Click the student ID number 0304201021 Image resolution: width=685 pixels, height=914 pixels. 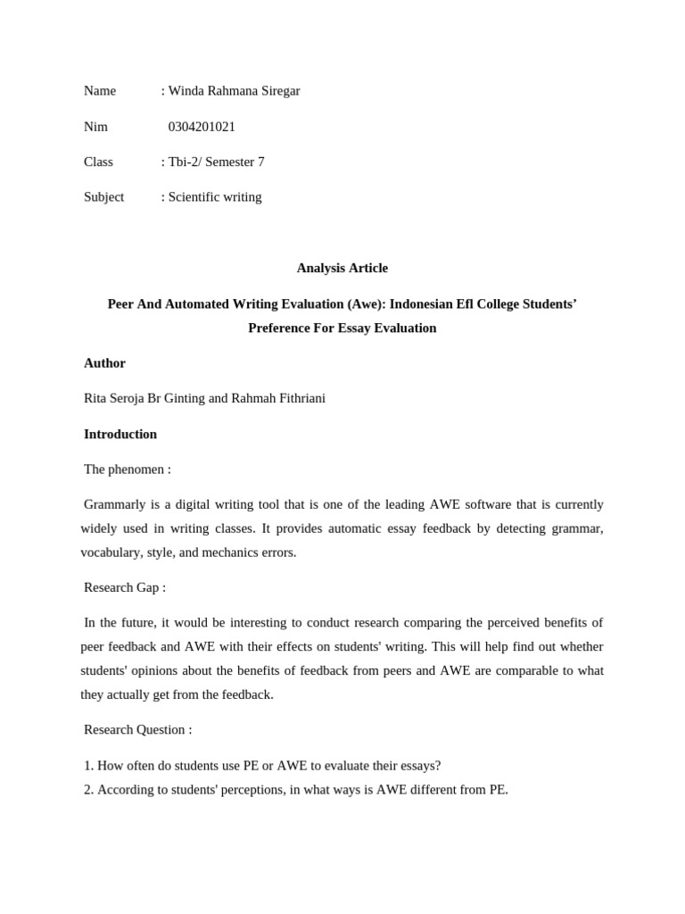[202, 127]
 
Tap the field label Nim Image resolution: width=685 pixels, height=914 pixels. [95, 127]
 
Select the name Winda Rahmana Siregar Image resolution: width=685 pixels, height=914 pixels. [234, 91]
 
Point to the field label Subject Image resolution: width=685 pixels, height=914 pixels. [103, 197]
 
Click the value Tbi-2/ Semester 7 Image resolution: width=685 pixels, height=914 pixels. [216, 162]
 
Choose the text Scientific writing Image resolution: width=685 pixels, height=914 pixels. [215, 197]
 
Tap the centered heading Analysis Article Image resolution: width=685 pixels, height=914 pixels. [342, 268]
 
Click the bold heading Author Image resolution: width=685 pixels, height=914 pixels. [104, 363]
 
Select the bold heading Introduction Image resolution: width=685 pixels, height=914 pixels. [120, 435]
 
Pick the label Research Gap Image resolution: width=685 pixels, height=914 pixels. [122, 587]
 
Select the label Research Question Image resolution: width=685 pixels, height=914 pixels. [135, 729]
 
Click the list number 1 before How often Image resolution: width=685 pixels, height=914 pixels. [87, 765]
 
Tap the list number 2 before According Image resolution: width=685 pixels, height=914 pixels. [87, 789]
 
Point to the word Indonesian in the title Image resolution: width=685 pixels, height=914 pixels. [421, 303]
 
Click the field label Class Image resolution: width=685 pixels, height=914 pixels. [98, 162]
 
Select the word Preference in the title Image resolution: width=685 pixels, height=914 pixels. [281, 328]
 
